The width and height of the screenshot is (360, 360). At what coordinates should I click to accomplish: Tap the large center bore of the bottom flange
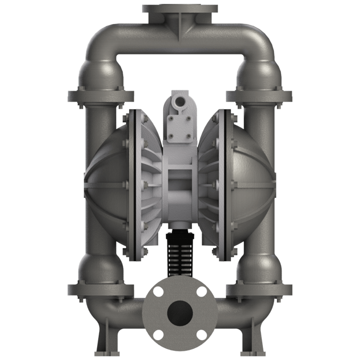click(x=180, y=311)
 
